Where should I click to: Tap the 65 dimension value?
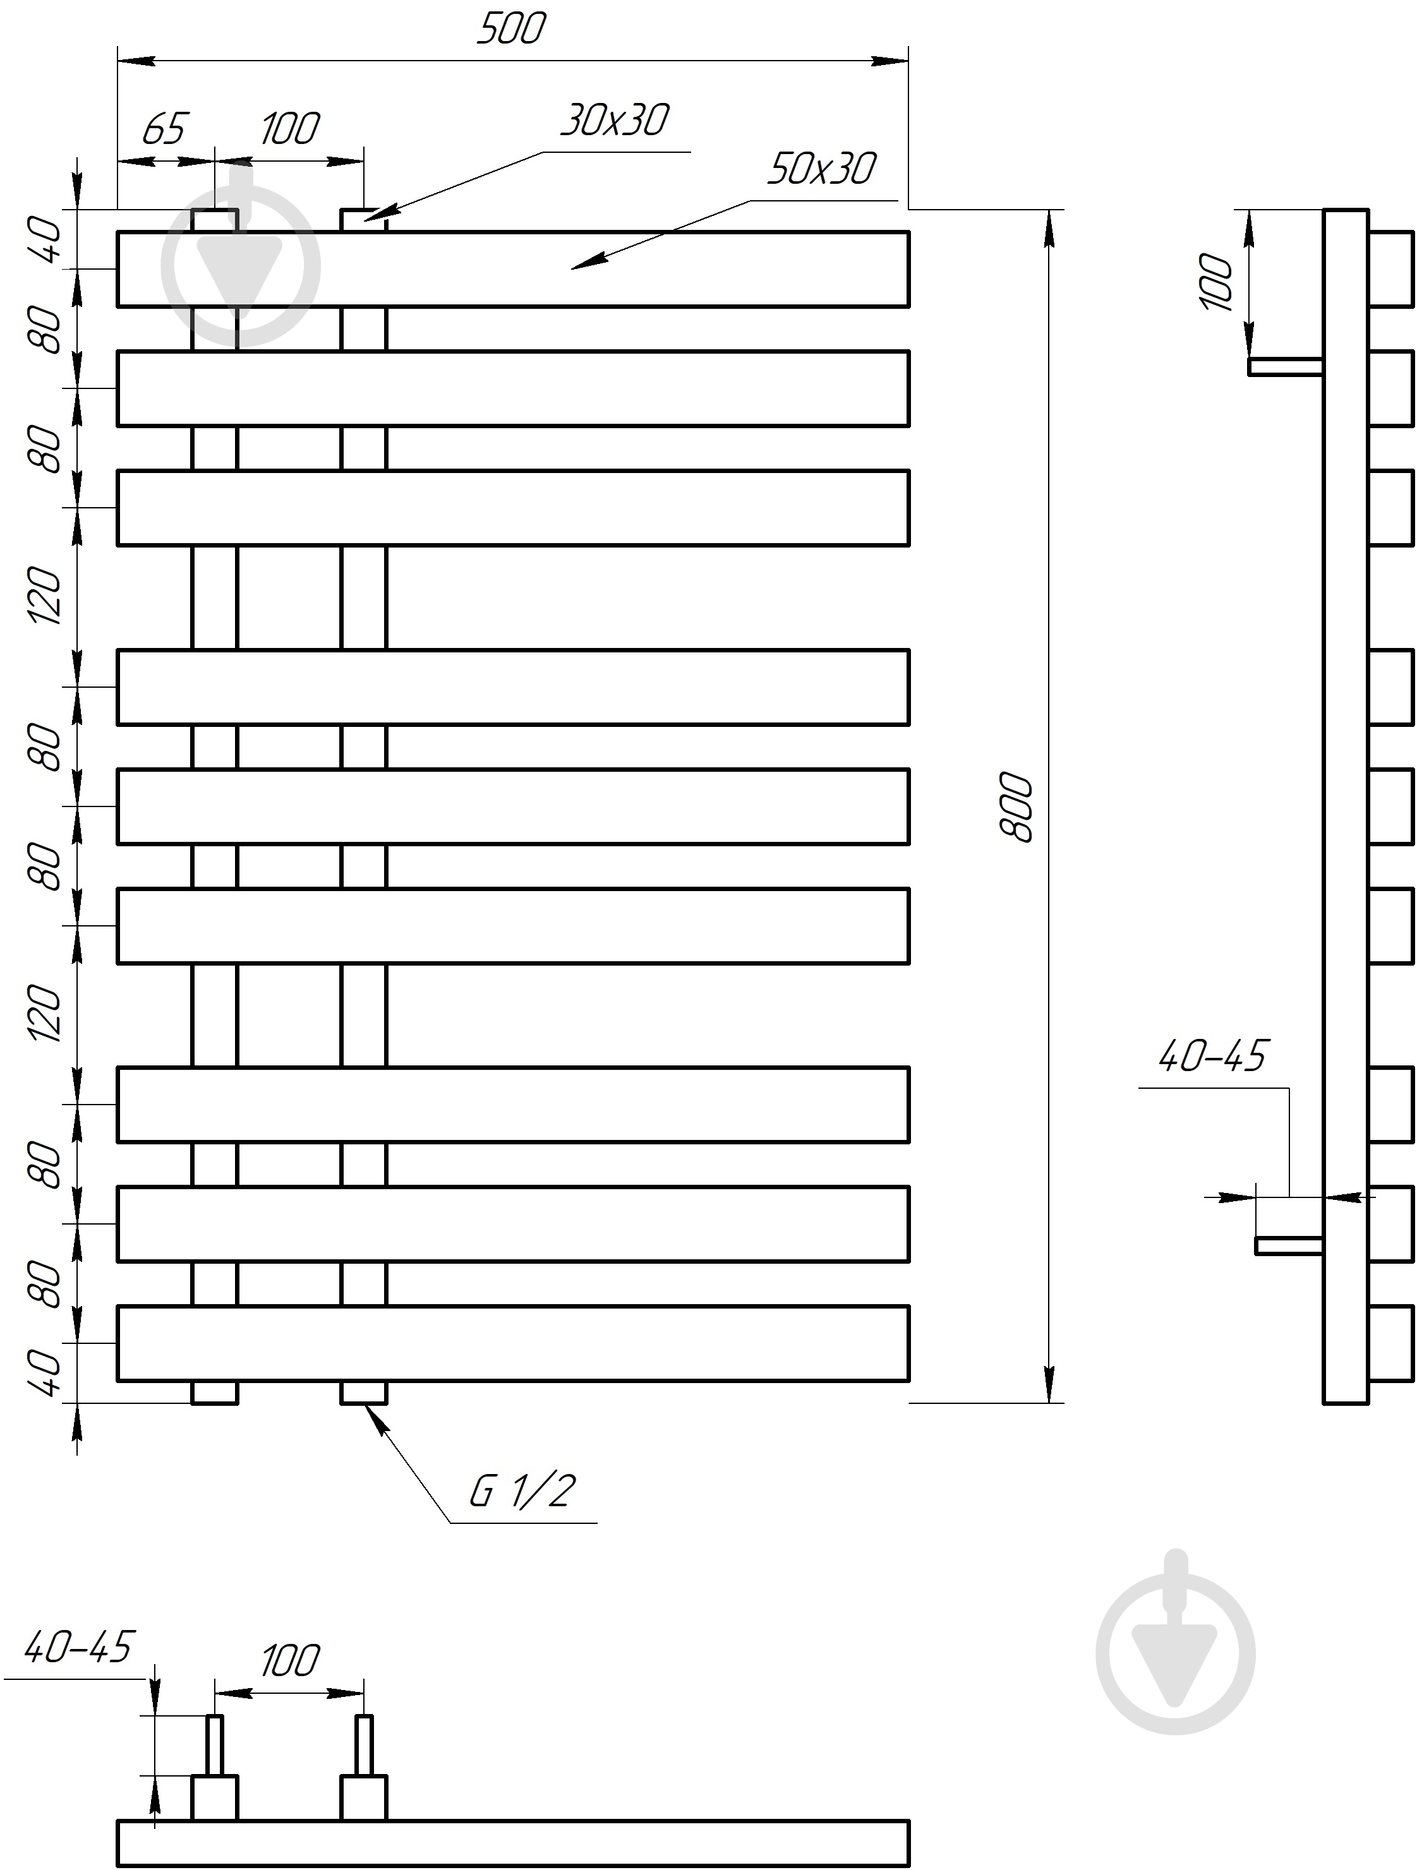tap(163, 129)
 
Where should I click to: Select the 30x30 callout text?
tap(615, 121)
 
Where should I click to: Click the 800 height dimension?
tap(1016, 806)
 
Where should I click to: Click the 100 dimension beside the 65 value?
tap(290, 129)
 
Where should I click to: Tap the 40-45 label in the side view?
tap(1212, 1056)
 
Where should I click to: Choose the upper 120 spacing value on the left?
tap(45, 597)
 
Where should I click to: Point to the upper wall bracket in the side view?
tap(1285, 366)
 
